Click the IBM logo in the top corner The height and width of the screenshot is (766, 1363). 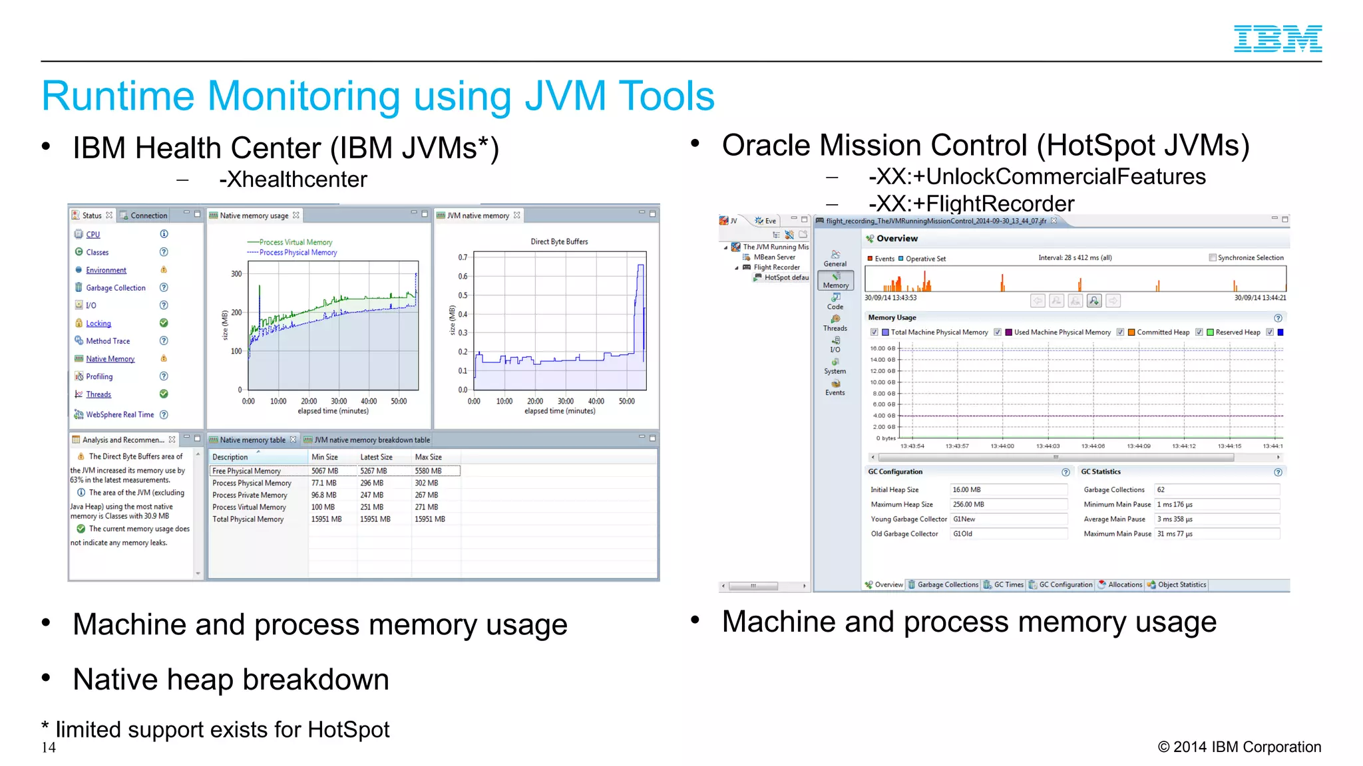pos(1277,39)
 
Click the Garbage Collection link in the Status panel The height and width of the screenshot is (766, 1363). pos(115,288)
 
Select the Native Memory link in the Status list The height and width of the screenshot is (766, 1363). pos(110,359)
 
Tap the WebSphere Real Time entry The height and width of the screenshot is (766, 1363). pos(120,415)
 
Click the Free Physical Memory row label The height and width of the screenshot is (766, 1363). pos(246,471)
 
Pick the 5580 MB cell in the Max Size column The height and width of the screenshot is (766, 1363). pos(428,471)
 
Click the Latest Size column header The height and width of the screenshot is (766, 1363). pos(376,457)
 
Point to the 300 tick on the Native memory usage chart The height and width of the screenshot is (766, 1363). pos(236,274)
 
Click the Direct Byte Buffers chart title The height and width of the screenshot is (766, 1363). pos(559,242)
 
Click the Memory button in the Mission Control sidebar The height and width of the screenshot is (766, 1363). pos(835,281)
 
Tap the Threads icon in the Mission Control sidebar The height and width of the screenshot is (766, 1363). pos(835,319)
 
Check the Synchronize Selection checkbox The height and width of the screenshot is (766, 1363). pos(1213,258)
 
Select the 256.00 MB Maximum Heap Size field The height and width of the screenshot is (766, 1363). pos(1008,505)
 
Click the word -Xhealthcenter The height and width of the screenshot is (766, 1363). pos(293,180)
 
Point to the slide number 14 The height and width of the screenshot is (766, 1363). pos(49,747)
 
